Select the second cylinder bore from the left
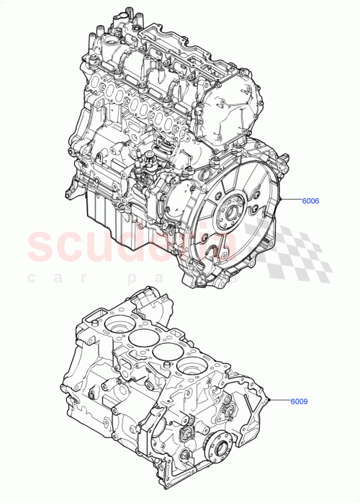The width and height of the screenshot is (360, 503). click(x=140, y=339)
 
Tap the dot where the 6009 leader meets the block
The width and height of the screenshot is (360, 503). click(x=268, y=399)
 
